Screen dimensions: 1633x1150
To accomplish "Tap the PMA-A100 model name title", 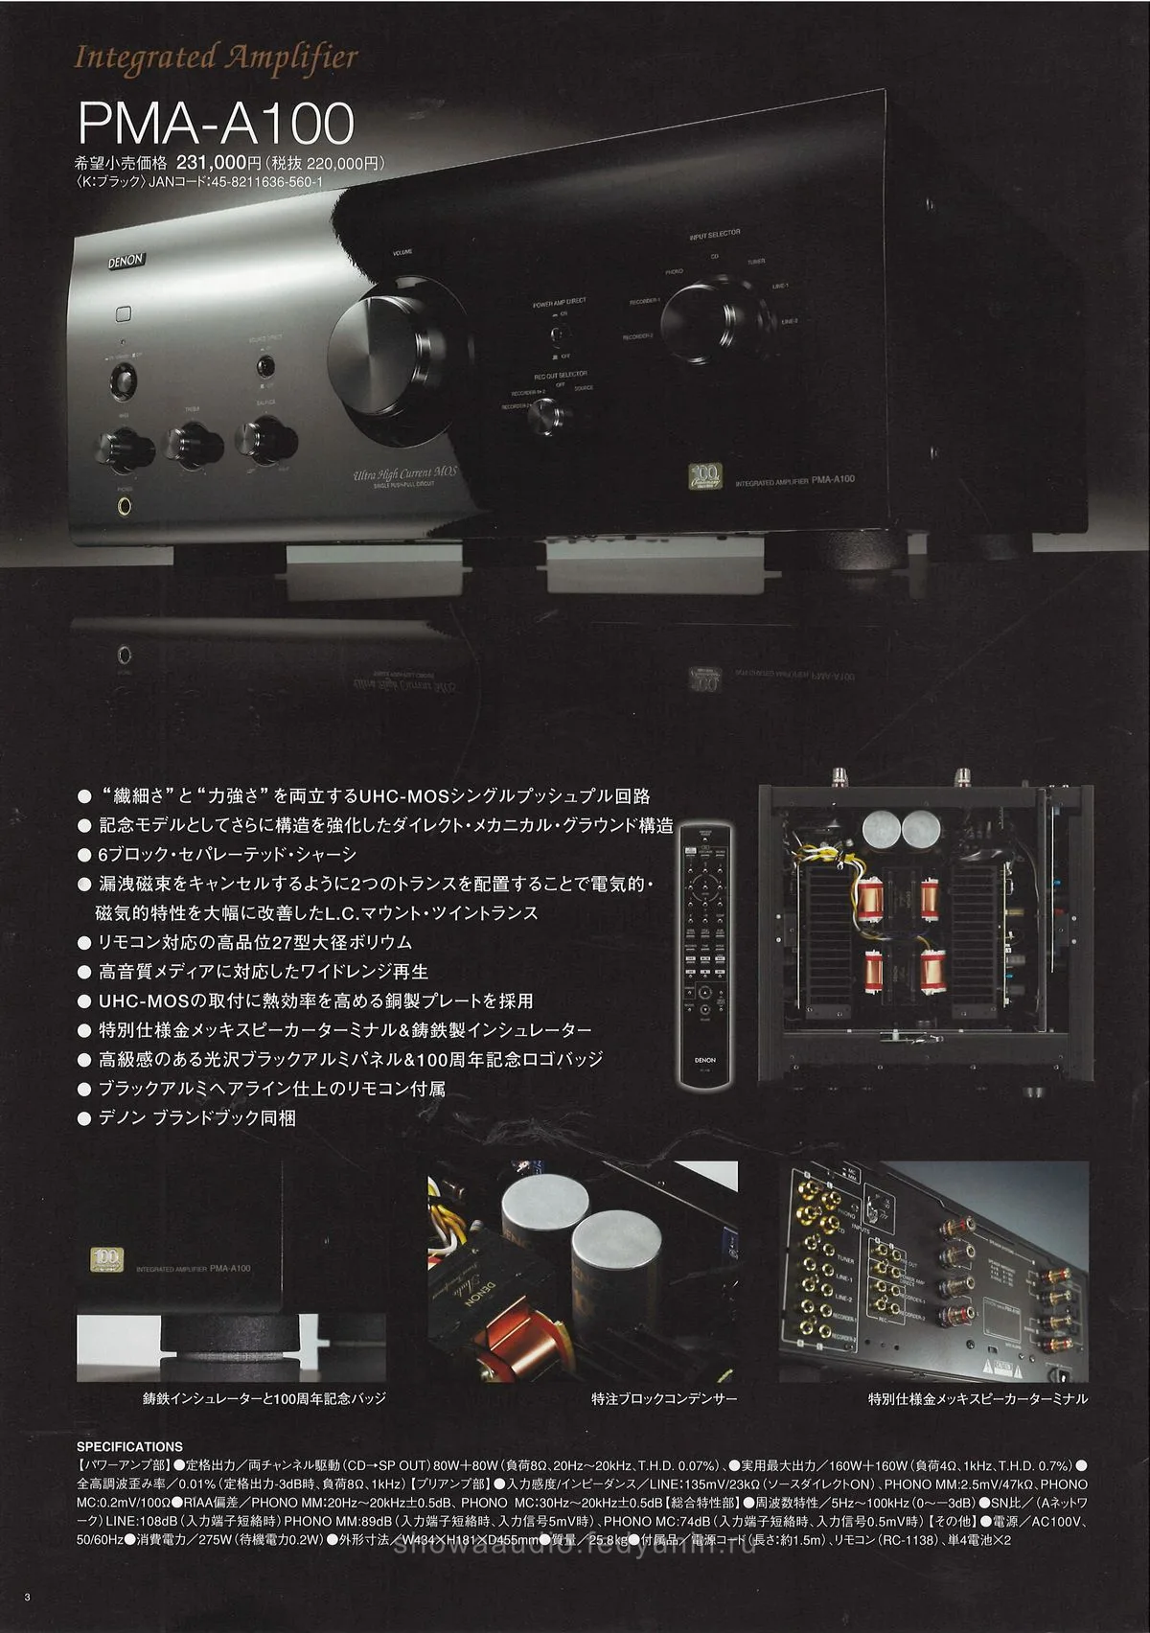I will pos(216,123).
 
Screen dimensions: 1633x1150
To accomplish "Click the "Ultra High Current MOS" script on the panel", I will pos(406,471).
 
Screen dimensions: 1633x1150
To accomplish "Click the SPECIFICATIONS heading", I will pos(129,1446).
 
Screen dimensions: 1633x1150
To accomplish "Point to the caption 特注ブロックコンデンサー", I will pos(664,1398).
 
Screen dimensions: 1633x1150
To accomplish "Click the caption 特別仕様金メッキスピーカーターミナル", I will pos(977,1398).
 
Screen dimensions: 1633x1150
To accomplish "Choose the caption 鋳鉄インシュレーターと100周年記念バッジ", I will pos(264,1398).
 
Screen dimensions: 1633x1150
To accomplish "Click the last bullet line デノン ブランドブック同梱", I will pos(197,1117).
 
